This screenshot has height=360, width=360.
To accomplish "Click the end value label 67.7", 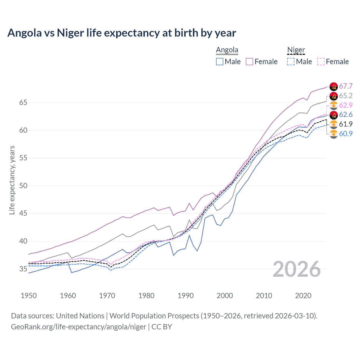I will pos(346,86).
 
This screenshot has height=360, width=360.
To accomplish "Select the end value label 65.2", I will pos(346,96).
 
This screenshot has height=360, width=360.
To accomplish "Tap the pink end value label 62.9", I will pos(346,105).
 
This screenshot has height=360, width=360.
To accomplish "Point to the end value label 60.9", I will pos(346,134).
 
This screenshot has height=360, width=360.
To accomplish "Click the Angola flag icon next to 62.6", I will pos(334,115).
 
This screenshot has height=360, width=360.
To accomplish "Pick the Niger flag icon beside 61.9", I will pos(334,124).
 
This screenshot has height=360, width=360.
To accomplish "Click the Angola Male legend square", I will pos(220,62).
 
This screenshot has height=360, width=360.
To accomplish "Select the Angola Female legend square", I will pos(249,62).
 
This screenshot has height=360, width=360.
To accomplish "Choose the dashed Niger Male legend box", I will pos(291,62).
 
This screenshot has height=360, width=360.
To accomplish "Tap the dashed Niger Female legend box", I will pos(321,62).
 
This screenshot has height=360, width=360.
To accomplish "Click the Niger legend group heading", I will pos(296,50).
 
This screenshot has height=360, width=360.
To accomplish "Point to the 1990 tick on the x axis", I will pos(186,296).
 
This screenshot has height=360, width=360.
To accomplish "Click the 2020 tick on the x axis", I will pos(303,296).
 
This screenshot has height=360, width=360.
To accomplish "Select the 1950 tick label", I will pos(29,296).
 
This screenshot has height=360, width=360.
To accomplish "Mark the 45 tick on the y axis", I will pos(23,213).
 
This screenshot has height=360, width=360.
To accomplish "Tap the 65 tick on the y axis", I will pos(23,103).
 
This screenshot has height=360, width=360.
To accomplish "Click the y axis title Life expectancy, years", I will pos(12,180).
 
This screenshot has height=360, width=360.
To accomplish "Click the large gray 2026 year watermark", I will pos(297,269).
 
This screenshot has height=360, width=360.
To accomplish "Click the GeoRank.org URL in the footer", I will pos(78,327).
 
